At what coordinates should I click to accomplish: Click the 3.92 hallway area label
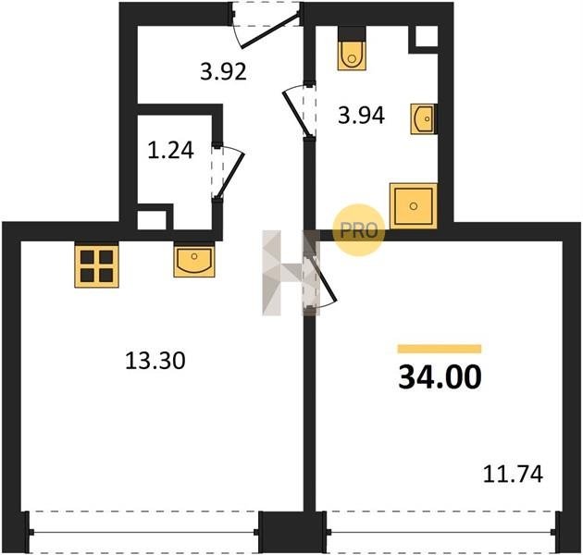(x=223, y=72)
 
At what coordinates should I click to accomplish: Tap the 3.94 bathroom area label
(x=361, y=116)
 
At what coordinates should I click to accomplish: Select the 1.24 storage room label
(x=170, y=151)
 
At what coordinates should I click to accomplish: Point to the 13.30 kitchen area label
(x=155, y=361)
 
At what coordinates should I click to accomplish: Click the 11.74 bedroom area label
(x=513, y=475)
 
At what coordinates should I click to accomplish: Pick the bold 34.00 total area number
(x=440, y=377)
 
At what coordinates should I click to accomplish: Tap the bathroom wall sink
(x=424, y=119)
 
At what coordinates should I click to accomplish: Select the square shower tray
(x=413, y=206)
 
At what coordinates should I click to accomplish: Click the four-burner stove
(x=96, y=265)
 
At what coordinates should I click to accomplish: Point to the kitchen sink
(x=194, y=260)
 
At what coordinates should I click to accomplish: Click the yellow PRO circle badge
(x=358, y=230)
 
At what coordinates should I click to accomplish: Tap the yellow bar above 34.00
(x=440, y=349)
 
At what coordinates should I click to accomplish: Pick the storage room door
(x=229, y=172)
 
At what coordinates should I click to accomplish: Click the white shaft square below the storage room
(x=152, y=220)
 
